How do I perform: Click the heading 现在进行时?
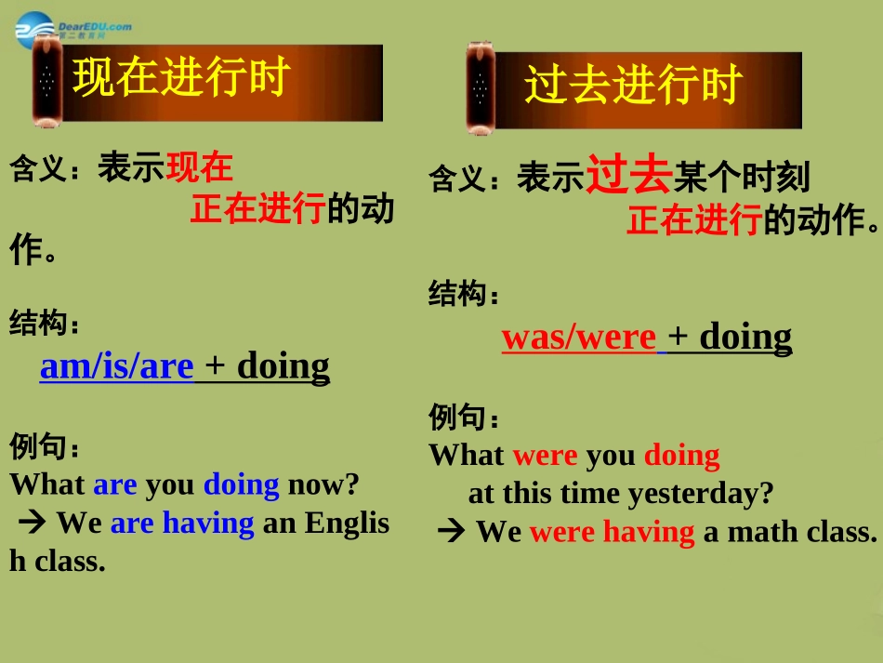182,78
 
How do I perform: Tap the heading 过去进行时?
632,86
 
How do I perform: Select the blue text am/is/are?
116,366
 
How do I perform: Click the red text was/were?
578,337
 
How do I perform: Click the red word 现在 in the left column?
199,167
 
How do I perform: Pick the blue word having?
208,524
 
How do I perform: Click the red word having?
649,532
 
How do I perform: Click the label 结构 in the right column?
458,295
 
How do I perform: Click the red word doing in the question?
681,456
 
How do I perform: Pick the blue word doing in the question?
241,484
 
